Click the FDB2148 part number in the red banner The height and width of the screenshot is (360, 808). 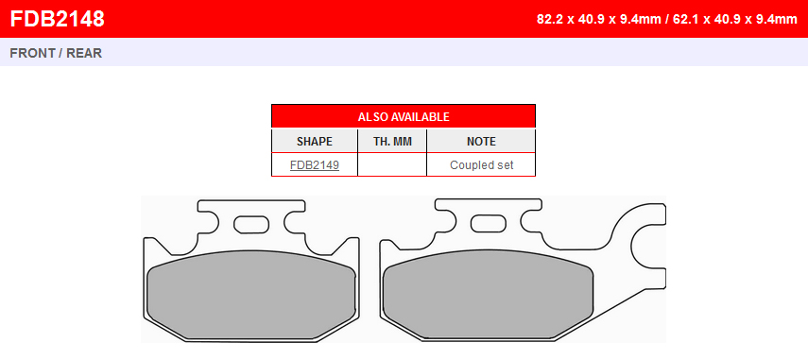tap(58, 19)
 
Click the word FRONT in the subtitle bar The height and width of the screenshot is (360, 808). tap(31, 53)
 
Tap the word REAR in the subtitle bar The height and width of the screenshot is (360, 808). tap(84, 53)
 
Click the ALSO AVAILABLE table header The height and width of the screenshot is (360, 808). tap(404, 117)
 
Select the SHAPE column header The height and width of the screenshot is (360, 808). tap(315, 141)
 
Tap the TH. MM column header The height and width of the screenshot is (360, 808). tap(392, 141)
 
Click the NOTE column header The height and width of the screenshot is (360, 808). tap(481, 141)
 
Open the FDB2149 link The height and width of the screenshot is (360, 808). tap(315, 165)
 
